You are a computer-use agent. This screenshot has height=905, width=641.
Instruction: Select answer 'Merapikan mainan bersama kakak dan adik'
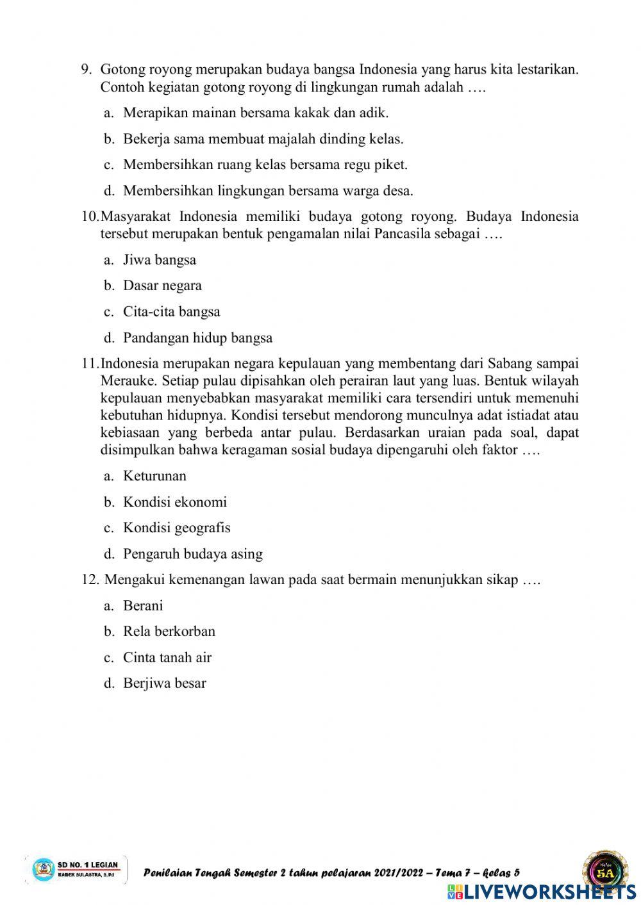(256, 113)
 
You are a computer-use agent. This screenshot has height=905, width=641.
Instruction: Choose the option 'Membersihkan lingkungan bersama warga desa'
(268, 191)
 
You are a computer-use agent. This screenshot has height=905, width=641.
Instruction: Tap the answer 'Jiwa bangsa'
(160, 260)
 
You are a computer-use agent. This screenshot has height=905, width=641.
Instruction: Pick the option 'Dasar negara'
(162, 286)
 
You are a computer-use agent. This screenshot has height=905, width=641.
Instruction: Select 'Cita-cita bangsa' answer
(171, 312)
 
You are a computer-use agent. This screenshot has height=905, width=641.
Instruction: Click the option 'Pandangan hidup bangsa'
(197, 338)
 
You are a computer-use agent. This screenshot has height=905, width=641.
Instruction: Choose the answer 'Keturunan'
(154, 476)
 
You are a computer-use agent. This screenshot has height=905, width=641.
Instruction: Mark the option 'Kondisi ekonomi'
(175, 502)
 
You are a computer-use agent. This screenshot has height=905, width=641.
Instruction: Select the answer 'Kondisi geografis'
(176, 528)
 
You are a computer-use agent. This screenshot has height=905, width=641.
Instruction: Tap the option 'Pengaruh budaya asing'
(192, 554)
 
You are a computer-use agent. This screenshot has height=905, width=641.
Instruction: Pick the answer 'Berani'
(143, 606)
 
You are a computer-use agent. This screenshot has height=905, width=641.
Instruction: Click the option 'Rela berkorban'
(169, 632)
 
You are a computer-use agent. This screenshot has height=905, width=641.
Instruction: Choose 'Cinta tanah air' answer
(167, 658)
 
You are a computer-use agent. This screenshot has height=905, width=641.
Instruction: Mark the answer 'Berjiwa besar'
(165, 683)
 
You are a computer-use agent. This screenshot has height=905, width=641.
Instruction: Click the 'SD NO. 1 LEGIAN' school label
(88, 865)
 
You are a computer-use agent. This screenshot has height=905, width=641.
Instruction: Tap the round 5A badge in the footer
(604, 871)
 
